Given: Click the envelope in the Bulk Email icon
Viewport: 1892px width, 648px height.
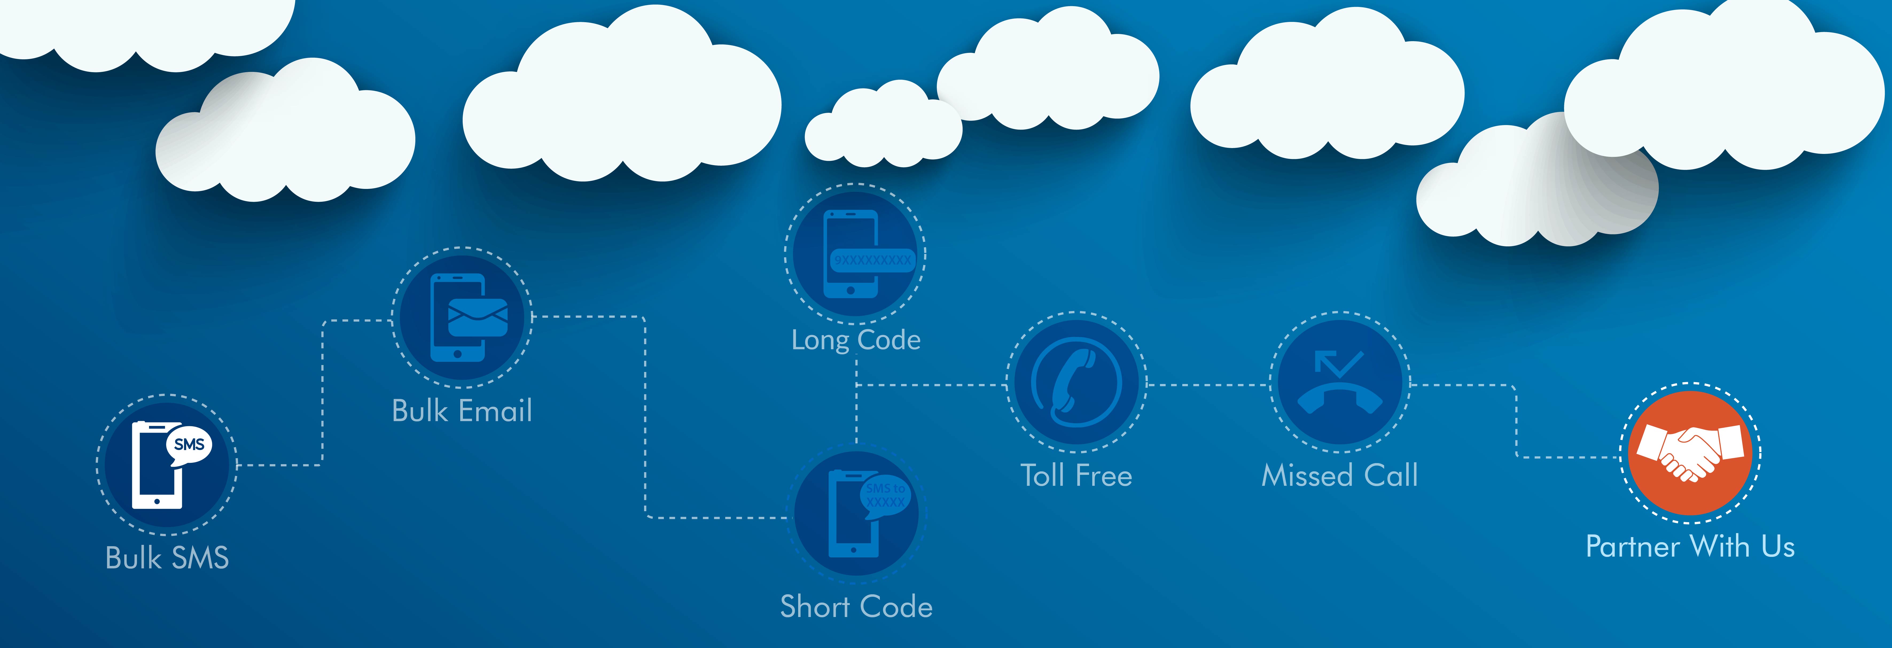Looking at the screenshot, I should pyautogui.click(x=477, y=317).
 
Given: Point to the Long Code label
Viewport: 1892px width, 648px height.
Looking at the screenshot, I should pyautogui.click(x=856, y=339).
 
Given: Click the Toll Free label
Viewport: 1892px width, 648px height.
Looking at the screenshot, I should pyautogui.click(x=1076, y=475).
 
